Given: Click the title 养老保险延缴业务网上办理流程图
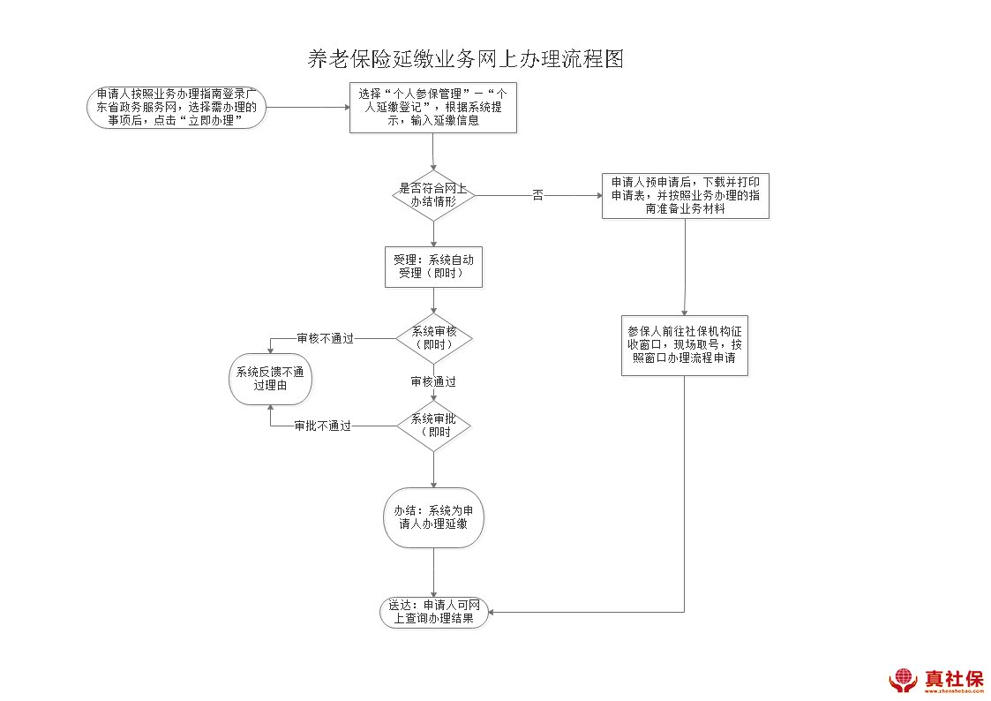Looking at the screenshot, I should point(466,59).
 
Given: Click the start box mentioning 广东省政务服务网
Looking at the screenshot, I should point(176,108).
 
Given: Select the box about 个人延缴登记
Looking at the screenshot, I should point(432,108).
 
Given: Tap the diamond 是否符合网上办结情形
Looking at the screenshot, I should point(433,195).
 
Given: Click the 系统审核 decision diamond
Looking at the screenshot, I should point(434,338).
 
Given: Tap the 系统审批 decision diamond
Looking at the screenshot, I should point(433,426).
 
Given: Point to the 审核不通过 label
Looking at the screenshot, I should point(325,338).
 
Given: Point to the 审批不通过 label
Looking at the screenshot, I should point(322,426).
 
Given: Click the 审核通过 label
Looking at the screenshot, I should point(433,382).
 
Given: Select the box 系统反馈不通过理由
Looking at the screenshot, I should point(270,379).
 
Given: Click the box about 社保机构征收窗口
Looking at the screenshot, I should point(685,344).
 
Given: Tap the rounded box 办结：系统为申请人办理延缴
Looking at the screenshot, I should point(433,517).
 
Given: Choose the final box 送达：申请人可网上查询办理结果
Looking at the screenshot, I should point(433,612).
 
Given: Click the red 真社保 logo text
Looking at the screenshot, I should point(953,678).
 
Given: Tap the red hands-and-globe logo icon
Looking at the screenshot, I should point(903,680).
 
